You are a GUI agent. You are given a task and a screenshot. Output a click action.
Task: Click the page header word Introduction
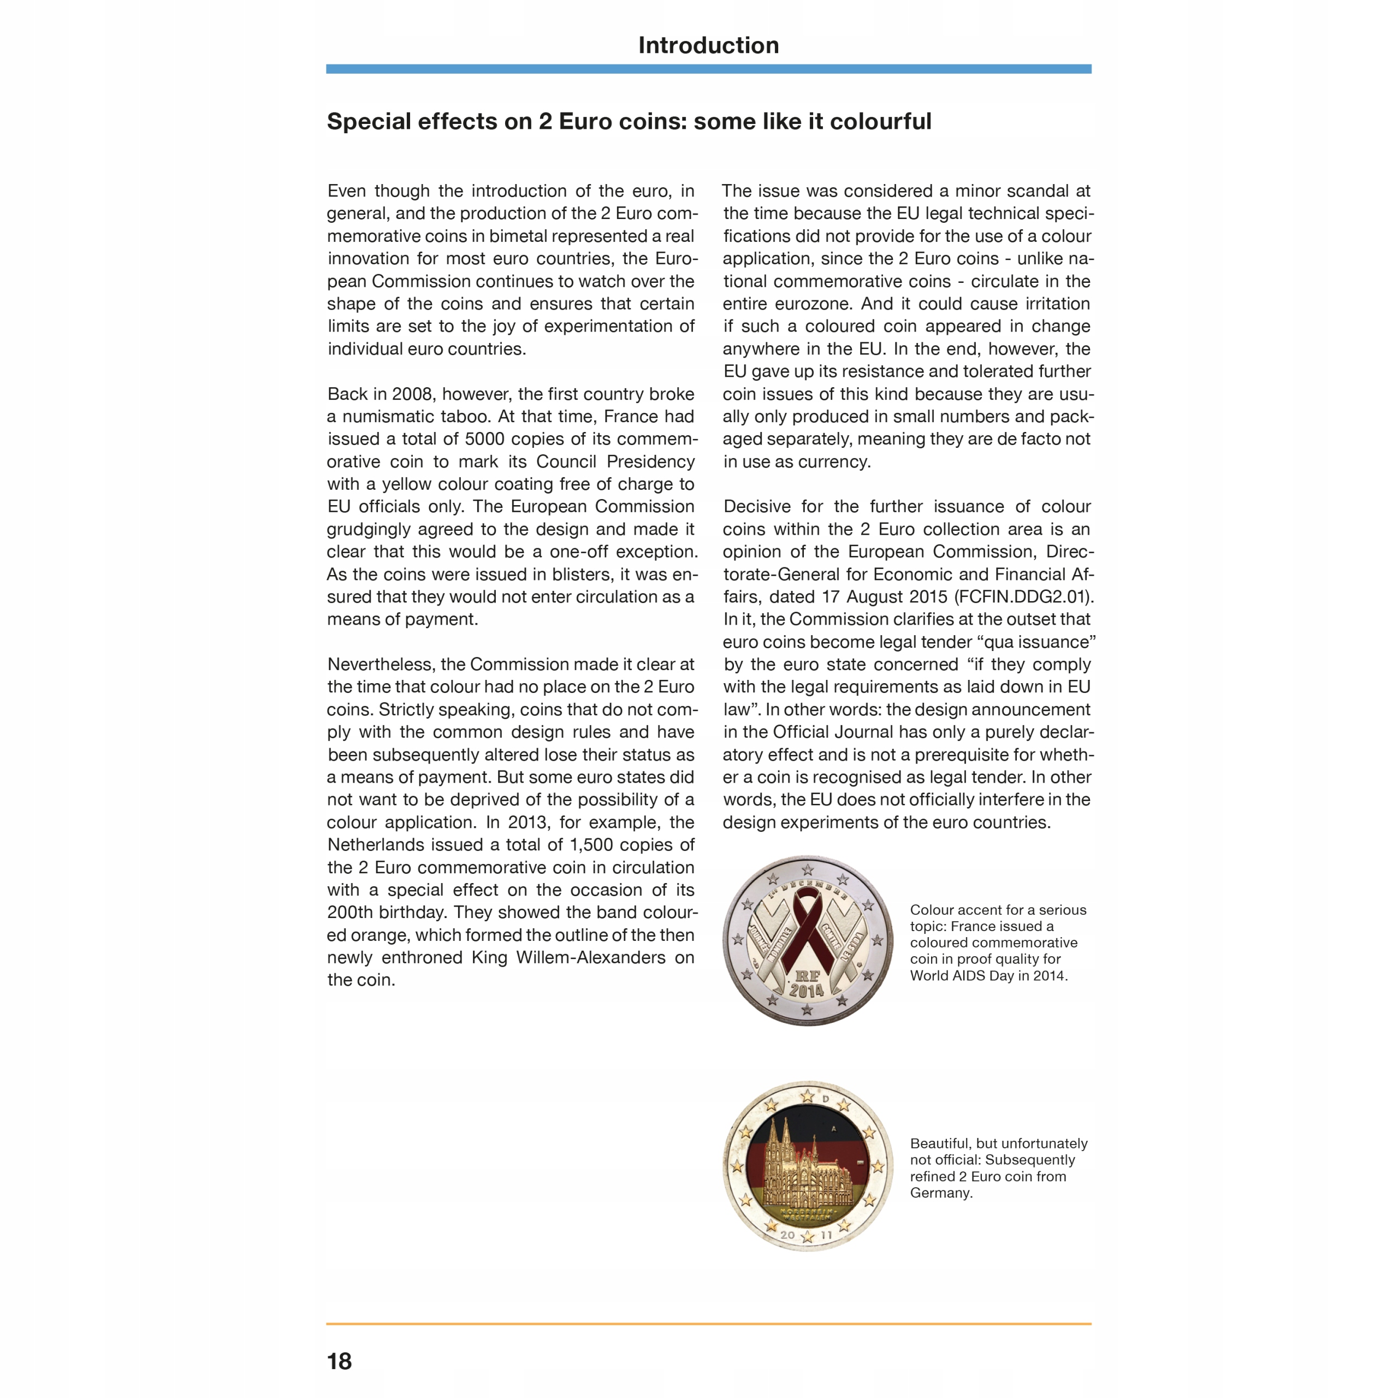coord(708,45)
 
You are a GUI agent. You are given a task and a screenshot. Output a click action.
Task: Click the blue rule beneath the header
coord(708,69)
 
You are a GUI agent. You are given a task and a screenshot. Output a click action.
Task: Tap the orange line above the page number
coord(708,1324)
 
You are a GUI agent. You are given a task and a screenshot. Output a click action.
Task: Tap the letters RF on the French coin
coord(808,975)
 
